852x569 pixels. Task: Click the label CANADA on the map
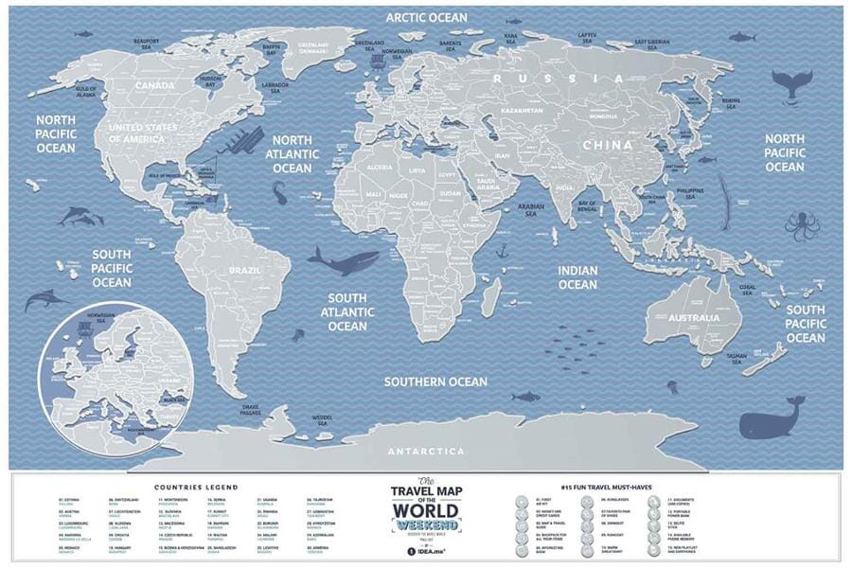coord(153,86)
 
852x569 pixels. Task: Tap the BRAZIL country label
coord(230,270)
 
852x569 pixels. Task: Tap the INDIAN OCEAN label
coord(577,277)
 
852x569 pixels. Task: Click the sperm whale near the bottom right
coord(772,422)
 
